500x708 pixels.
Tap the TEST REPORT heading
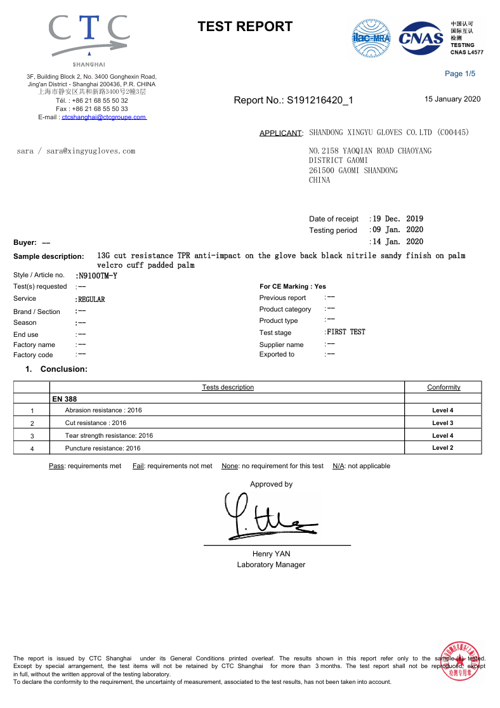[245, 27]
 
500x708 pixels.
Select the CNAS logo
[421, 38]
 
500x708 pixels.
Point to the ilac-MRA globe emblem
[372, 38]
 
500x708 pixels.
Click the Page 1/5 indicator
[460, 74]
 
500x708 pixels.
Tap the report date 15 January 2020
[452, 99]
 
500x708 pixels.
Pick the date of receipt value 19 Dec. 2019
[398, 219]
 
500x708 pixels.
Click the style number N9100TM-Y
[96, 276]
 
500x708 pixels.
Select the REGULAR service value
[91, 299]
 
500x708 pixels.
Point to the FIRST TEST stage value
[346, 332]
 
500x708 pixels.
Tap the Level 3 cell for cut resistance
[442, 423]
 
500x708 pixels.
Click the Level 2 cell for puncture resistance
[442, 448]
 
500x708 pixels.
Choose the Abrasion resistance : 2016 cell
[103, 410]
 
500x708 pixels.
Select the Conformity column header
[444, 387]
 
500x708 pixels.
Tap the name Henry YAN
[271, 554]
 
